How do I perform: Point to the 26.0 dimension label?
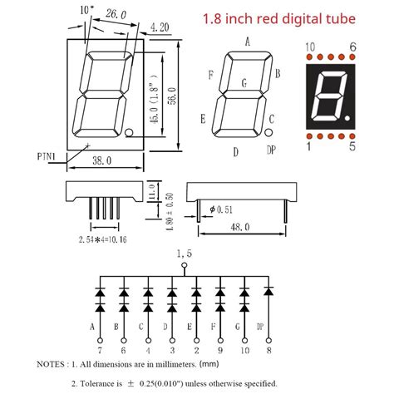pos(116,15)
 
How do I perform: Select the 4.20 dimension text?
pos(160,27)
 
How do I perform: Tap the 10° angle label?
pos(86,10)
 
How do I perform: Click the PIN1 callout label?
pos(48,155)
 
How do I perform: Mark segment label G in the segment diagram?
pos(244,82)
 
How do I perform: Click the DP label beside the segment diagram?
pos(271,150)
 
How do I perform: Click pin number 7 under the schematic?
pos(101,352)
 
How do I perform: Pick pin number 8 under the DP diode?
pos(269,352)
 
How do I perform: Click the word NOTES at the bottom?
pos(54,364)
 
